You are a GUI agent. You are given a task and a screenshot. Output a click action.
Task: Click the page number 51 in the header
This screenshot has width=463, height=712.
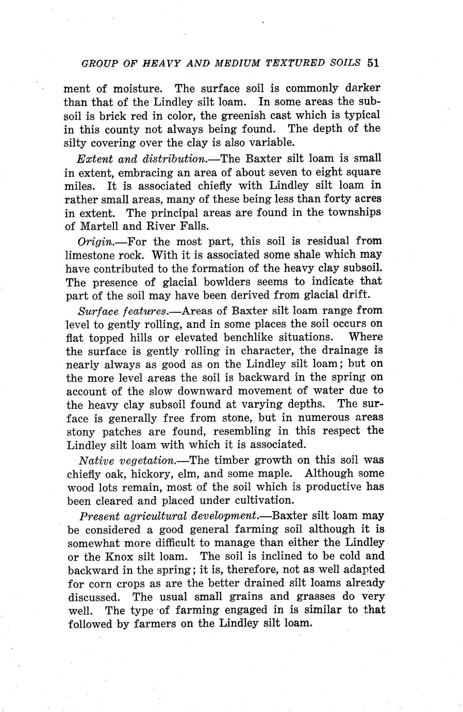pos(373,64)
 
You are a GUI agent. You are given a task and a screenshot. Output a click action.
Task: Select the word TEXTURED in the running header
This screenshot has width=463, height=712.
pos(294,64)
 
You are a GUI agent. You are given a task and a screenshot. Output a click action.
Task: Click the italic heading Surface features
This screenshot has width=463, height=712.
pos(122,311)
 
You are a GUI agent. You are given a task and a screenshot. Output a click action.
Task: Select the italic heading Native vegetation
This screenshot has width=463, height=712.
pos(127,460)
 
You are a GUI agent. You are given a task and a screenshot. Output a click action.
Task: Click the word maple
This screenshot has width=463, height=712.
pos(275,473)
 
